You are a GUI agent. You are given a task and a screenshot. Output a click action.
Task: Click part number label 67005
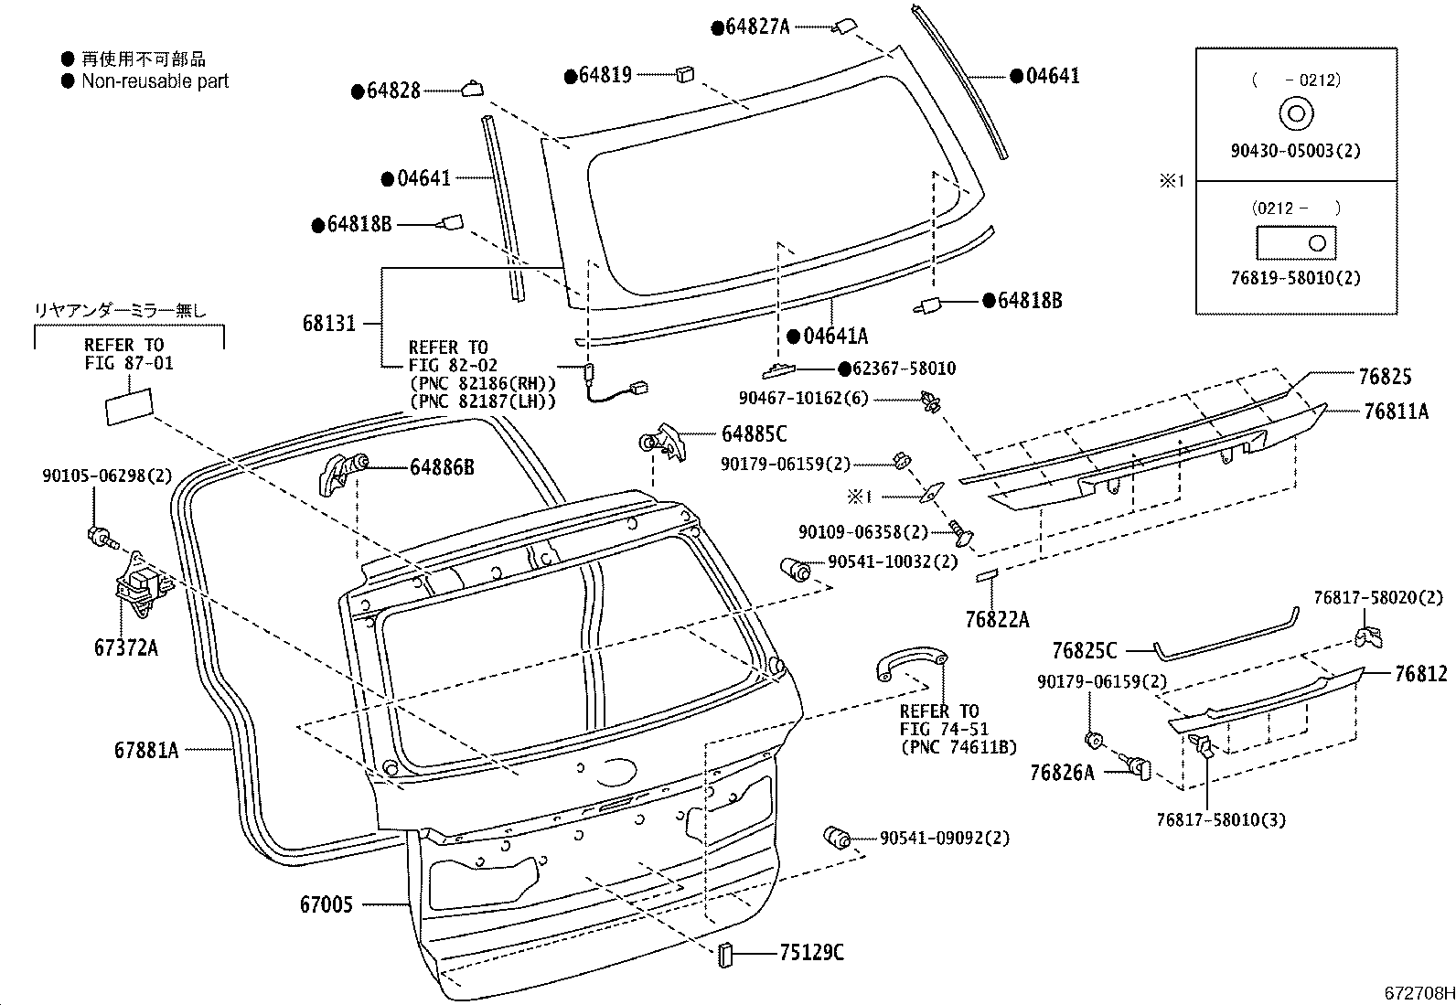coord(326,905)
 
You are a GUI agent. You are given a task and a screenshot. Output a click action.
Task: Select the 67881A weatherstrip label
coord(146,750)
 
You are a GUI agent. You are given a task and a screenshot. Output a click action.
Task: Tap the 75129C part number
coord(811,953)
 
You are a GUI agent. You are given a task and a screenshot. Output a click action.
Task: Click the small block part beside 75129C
coord(726,954)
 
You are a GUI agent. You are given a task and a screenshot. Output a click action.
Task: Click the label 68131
coord(329,323)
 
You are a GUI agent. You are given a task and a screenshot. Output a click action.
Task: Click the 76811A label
coord(1395,412)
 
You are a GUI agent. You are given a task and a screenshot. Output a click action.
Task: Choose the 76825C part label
coord(1084,650)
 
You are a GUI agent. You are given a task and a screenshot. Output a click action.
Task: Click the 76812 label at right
coord(1420,674)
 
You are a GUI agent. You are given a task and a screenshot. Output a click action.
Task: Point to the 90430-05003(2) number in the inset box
coord(1295,151)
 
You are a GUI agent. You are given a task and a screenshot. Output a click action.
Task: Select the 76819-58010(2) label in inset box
coord(1295,278)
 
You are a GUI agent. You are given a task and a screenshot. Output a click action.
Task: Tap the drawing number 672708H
coord(1417,993)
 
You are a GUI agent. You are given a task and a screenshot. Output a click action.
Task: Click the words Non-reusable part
coord(155,80)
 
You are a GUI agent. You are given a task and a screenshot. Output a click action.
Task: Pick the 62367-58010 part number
coord(897,369)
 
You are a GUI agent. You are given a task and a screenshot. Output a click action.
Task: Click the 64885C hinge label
coord(754,434)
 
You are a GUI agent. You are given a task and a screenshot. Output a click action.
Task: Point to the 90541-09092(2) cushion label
coord(945,838)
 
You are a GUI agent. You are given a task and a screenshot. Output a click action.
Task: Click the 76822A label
coord(997,620)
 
